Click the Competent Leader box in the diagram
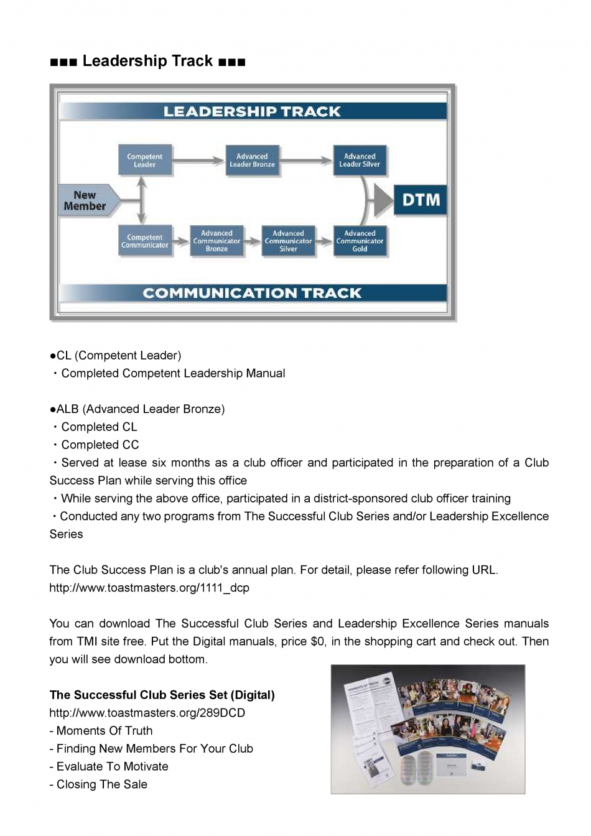144,160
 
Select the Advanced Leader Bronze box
252,160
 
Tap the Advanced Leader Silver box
360,160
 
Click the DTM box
421,200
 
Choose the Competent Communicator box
144,241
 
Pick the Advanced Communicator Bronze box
216,241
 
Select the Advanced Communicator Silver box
288,241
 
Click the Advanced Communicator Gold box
360,241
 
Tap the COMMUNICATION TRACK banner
252,293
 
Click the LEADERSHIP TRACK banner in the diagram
252,111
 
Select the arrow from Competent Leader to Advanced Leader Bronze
198,160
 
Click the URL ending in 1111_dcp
149,588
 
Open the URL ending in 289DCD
147,713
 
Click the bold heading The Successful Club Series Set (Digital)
162,695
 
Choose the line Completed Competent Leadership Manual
172,373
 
